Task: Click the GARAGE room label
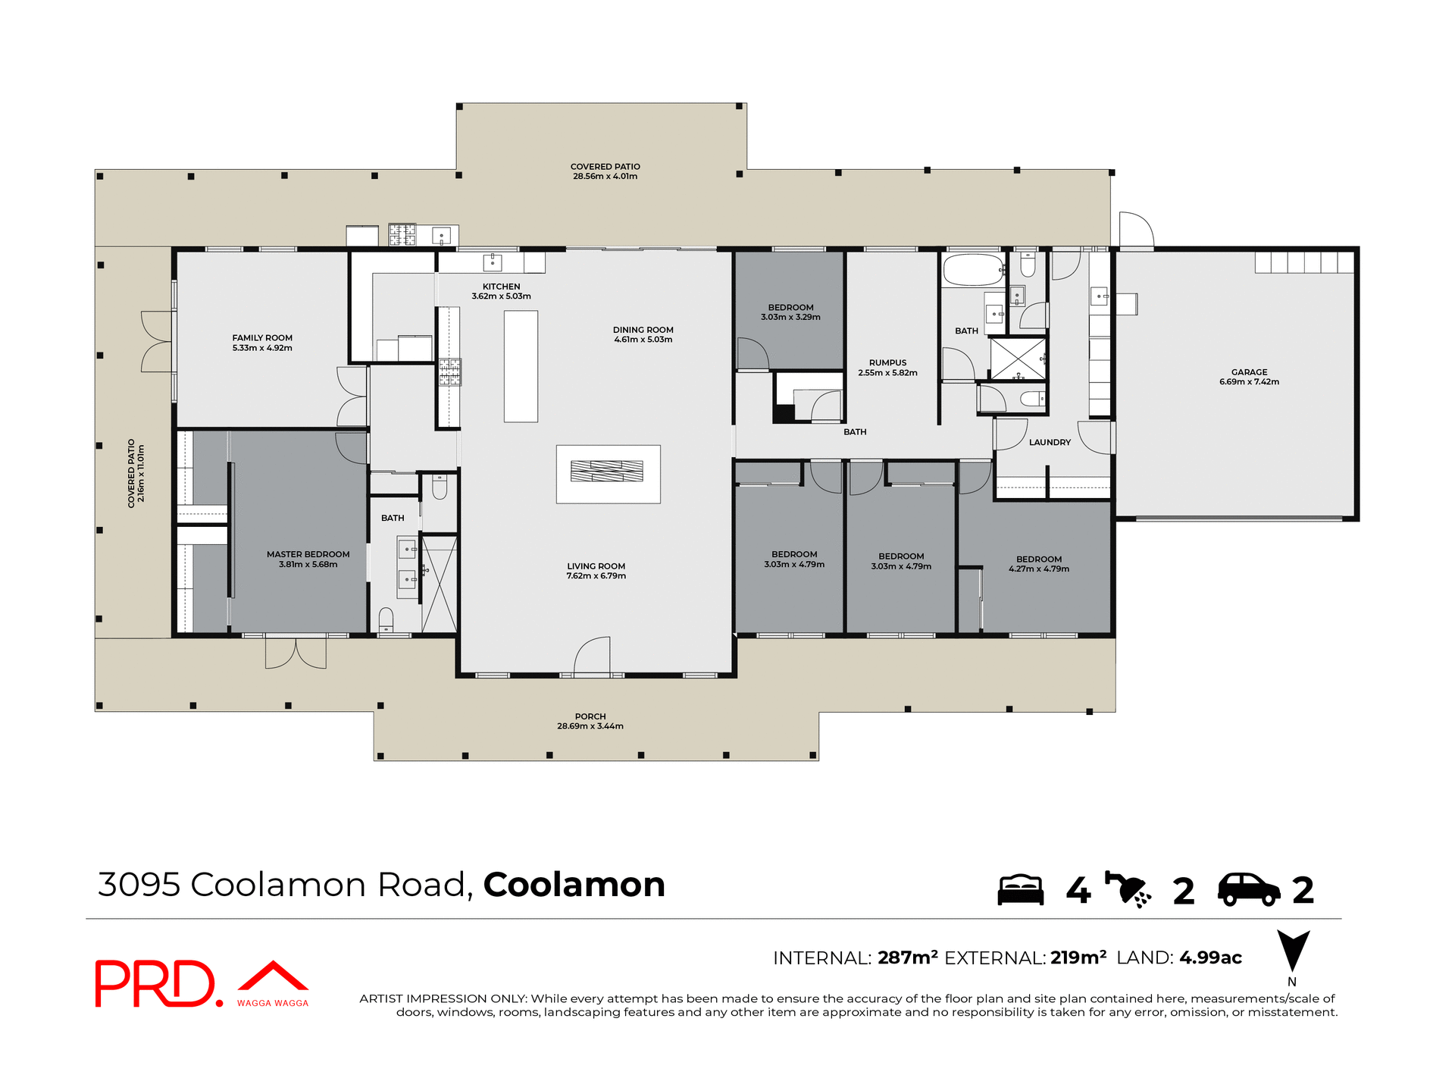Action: pyautogui.click(x=1249, y=372)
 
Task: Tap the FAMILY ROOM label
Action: pyautogui.click(x=262, y=338)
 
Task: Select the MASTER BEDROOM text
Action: pyautogui.click(x=308, y=554)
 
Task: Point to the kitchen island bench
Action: pyautogui.click(x=521, y=366)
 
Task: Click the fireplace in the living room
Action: pyautogui.click(x=607, y=472)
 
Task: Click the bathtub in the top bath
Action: pyautogui.click(x=973, y=270)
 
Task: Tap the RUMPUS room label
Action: pyautogui.click(x=887, y=362)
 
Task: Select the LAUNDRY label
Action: pyautogui.click(x=1050, y=442)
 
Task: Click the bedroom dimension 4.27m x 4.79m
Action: pyautogui.click(x=1038, y=569)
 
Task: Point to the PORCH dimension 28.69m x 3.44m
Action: pyautogui.click(x=590, y=726)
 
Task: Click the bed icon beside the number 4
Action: pyautogui.click(x=1020, y=890)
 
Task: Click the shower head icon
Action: pyautogui.click(x=1128, y=889)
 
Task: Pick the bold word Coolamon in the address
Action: pyautogui.click(x=574, y=885)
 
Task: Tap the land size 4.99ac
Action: pyautogui.click(x=1210, y=957)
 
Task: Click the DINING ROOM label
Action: pyautogui.click(x=643, y=330)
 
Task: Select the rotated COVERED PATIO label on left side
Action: pyautogui.click(x=131, y=473)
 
